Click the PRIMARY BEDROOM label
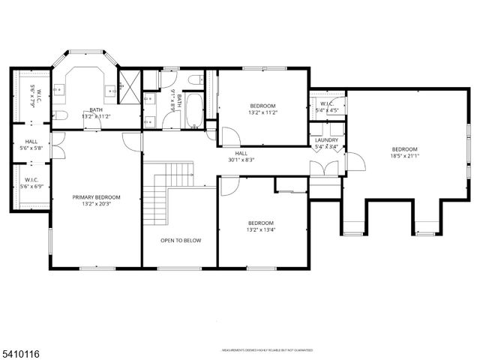(96, 197)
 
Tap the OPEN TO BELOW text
(181, 241)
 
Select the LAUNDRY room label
(326, 140)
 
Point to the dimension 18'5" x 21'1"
(403, 157)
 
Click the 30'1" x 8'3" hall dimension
(242, 160)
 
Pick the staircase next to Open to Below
(155, 196)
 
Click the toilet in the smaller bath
(194, 80)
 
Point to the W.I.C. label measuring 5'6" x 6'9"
(31, 184)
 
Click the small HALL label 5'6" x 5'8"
(31, 145)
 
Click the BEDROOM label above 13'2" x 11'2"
(262, 106)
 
